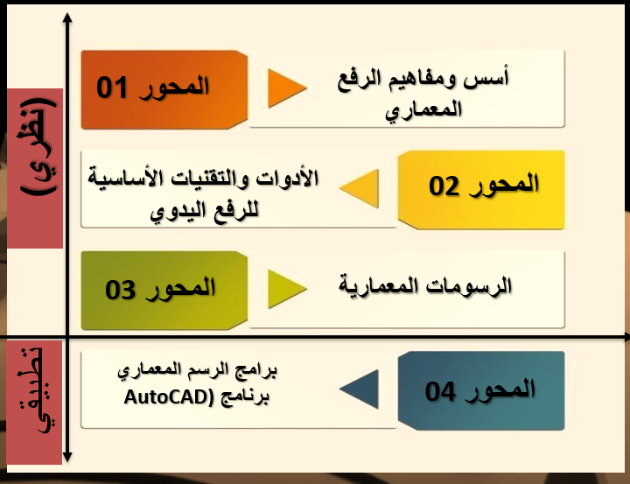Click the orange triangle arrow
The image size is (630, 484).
coord(286,88)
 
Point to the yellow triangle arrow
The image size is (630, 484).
coord(359,187)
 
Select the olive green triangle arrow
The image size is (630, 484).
coord(286,290)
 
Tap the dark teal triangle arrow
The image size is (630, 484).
coord(359,389)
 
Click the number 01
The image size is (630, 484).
coord(113,88)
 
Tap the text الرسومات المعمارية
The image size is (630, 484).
coord(425,286)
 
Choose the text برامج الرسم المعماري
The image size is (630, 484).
coord(198,371)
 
